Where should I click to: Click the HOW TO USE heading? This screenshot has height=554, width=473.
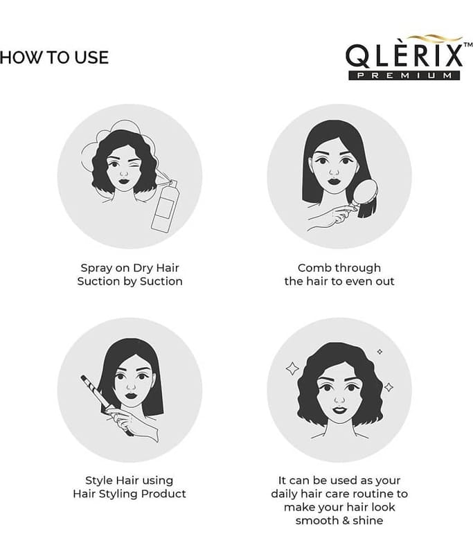[x=54, y=57]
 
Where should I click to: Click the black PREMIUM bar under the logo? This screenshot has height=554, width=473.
[x=404, y=75]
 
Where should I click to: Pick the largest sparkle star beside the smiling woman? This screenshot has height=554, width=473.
[x=292, y=368]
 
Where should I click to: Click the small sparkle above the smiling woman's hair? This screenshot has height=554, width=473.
[x=380, y=352]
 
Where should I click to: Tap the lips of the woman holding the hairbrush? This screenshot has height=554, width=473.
[x=334, y=182]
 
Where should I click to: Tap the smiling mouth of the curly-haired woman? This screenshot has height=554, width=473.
[x=339, y=410]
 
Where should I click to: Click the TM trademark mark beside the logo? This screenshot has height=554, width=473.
[x=467, y=45]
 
